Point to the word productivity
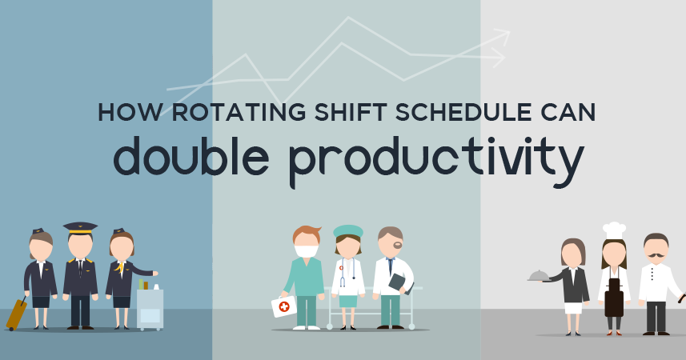435,158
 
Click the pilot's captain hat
80,227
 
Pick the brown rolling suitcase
16,313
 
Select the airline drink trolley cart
150,307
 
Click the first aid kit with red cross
283,306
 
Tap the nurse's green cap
348,230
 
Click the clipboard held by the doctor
397,282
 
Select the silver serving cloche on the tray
539,275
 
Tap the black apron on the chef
614,298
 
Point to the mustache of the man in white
656,258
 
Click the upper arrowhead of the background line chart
503,34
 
